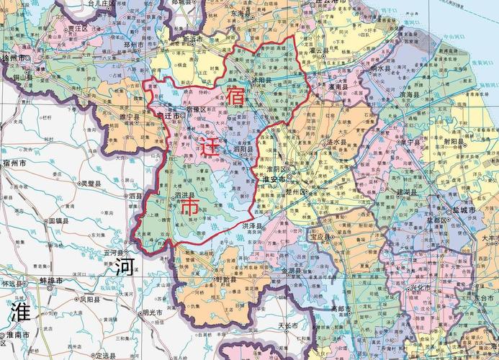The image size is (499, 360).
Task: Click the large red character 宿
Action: coord(235,96)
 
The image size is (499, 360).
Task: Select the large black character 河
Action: coord(124,268)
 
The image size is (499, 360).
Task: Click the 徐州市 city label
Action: coord(14,58)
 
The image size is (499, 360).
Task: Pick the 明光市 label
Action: coord(154,312)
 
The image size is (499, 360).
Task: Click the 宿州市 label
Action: coord(14,164)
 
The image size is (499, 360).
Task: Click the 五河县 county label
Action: coord(115,253)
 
